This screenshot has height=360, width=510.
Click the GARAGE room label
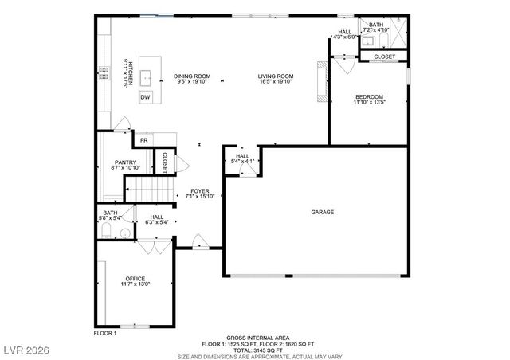(322, 212)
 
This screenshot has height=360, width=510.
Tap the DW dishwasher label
(145, 97)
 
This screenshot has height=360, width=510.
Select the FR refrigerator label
(143, 140)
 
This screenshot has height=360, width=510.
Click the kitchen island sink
(147, 77)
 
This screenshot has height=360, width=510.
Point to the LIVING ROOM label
(275, 76)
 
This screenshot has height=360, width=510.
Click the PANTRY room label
(125, 162)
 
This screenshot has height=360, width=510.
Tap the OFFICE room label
(135, 278)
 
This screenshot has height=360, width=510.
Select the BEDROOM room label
(369, 96)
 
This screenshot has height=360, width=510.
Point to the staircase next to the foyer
(148, 190)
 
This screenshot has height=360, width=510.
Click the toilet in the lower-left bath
(107, 232)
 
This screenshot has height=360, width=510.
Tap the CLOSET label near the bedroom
(384, 57)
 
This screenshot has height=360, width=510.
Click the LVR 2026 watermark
(26, 350)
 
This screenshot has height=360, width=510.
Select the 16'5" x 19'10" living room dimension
(275, 81)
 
